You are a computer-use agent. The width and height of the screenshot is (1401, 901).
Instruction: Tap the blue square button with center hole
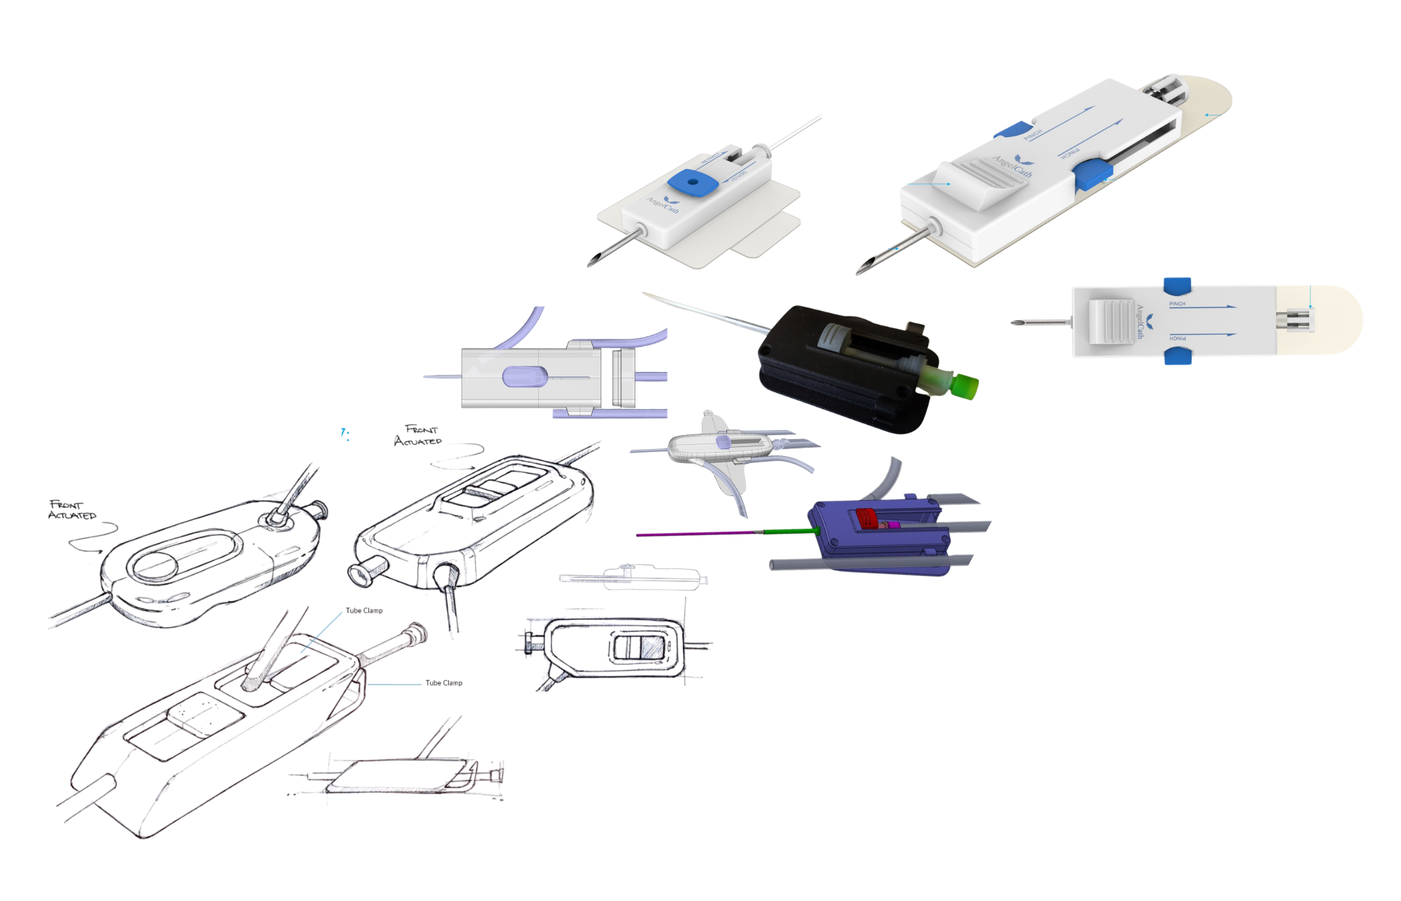tap(693, 182)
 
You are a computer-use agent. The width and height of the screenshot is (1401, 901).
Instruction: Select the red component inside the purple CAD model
tap(867, 518)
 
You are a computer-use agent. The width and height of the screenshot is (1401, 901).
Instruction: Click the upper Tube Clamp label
tap(364, 611)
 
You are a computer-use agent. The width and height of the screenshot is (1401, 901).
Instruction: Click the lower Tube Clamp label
tap(443, 683)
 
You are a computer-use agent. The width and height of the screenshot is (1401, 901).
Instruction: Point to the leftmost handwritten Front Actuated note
tap(71, 510)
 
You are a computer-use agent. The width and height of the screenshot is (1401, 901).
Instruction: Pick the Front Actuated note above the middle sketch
tap(418, 435)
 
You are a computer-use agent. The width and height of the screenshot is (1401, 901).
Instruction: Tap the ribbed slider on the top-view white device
tap(1111, 322)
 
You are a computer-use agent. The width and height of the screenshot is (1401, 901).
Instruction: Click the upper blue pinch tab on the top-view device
tap(1177, 285)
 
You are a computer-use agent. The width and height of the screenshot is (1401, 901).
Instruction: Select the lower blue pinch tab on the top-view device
tap(1178, 357)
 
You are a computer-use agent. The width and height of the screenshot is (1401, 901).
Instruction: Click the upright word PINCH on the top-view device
tap(1177, 304)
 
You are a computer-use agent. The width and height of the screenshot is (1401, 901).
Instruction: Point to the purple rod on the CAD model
tap(693, 534)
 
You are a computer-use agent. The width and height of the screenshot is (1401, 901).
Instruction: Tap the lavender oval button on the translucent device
tap(524, 377)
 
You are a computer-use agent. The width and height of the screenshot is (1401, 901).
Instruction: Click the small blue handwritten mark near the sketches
tap(344, 434)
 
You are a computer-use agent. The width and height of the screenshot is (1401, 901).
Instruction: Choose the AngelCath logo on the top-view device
tap(1143, 322)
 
